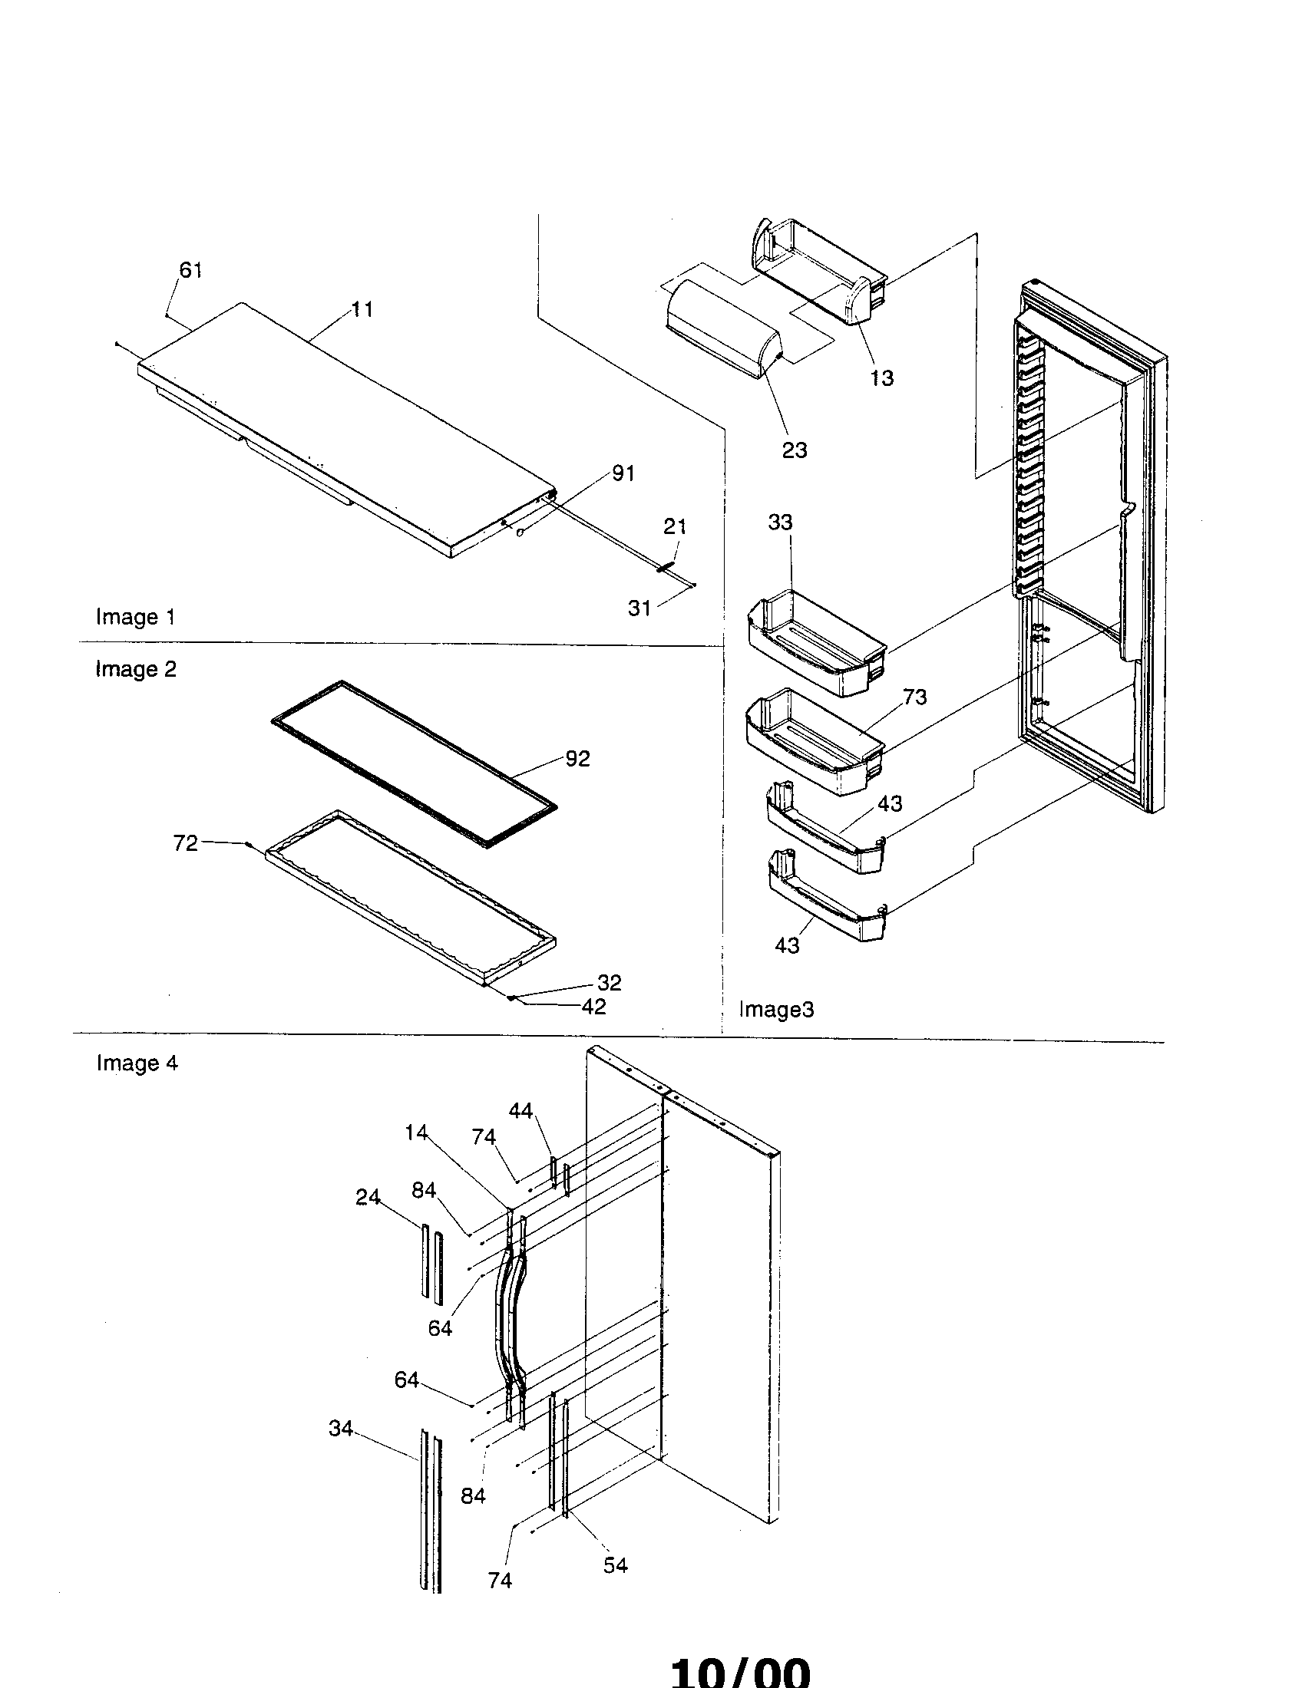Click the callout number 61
click(190, 270)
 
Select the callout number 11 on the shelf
click(362, 309)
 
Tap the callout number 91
click(623, 473)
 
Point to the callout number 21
click(674, 526)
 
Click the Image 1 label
click(135, 617)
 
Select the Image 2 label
click(135, 668)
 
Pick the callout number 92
click(577, 758)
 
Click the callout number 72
click(186, 842)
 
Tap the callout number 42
click(593, 1007)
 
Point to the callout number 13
click(881, 378)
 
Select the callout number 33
click(780, 523)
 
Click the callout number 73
click(914, 697)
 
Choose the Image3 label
click(776, 1010)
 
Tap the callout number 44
click(520, 1111)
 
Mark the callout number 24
click(368, 1197)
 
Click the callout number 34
click(341, 1429)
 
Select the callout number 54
click(616, 1565)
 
